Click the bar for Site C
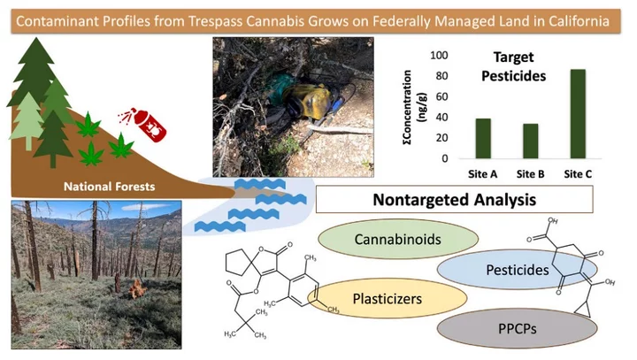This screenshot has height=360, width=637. click(x=578, y=114)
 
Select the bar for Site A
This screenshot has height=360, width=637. click(x=483, y=139)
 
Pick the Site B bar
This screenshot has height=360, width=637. click(x=531, y=141)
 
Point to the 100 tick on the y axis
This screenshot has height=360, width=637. click(x=439, y=55)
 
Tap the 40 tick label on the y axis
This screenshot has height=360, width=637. click(x=441, y=117)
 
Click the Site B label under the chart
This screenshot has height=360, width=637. click(x=530, y=174)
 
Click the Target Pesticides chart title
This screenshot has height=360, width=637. click(x=513, y=66)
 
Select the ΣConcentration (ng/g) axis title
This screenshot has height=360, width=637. click(x=415, y=107)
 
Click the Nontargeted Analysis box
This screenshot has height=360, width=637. click(x=454, y=200)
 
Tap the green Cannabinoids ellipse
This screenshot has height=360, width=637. click(x=398, y=239)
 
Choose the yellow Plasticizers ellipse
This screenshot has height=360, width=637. click(x=388, y=299)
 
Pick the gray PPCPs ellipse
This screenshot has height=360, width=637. click(x=518, y=328)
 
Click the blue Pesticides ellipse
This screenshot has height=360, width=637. click(x=518, y=270)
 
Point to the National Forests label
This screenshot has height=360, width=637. click(x=110, y=187)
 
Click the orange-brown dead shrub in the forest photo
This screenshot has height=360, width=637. click(x=137, y=289)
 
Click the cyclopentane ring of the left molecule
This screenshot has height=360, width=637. click(x=239, y=263)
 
